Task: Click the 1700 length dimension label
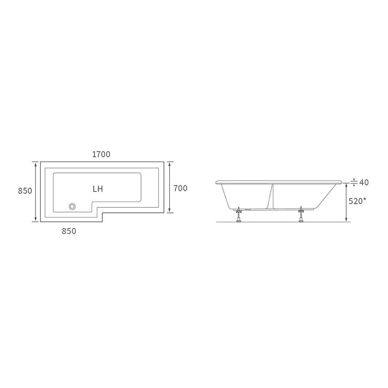coord(101,154)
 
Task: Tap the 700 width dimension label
coord(180,188)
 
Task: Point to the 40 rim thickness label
coord(364,182)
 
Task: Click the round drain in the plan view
coord(72,206)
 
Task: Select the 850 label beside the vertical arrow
coord(24,191)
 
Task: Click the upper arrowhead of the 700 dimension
coord(169,164)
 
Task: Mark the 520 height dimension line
coord(346,203)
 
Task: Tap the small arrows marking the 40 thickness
coord(353,182)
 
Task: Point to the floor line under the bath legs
coord(283,222)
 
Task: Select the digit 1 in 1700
coord(94,154)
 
